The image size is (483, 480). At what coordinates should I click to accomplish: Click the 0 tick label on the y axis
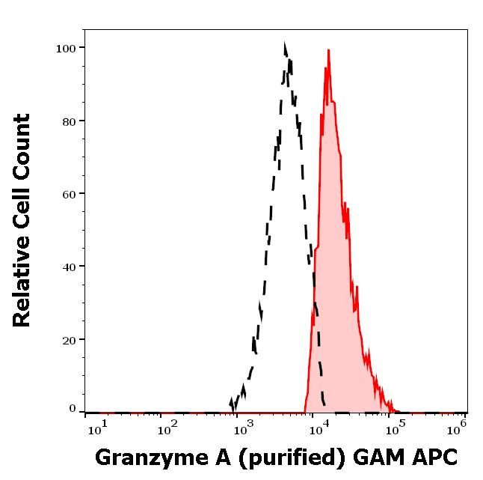point(73,409)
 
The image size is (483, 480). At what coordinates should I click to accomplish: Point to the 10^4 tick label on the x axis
point(318,428)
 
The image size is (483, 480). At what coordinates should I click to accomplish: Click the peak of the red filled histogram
point(328,51)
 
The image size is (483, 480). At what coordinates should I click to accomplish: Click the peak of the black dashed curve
point(286,45)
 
